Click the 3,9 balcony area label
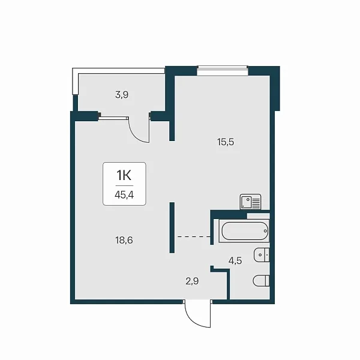[x=122, y=95]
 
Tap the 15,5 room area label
[x=226, y=142]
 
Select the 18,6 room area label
[x=124, y=241]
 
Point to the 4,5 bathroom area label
[x=235, y=261]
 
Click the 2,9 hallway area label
[x=192, y=281]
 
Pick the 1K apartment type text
[x=124, y=176]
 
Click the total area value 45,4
[x=124, y=195]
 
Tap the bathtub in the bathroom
[x=244, y=231]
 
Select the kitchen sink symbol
[x=250, y=202]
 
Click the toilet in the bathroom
[x=261, y=281]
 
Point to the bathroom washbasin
[x=262, y=255]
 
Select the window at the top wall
[x=223, y=70]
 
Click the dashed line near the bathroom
[x=194, y=236]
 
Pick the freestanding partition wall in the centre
[x=172, y=227]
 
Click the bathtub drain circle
[x=265, y=231]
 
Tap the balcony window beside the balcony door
[x=113, y=118]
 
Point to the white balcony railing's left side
[x=75, y=82]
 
